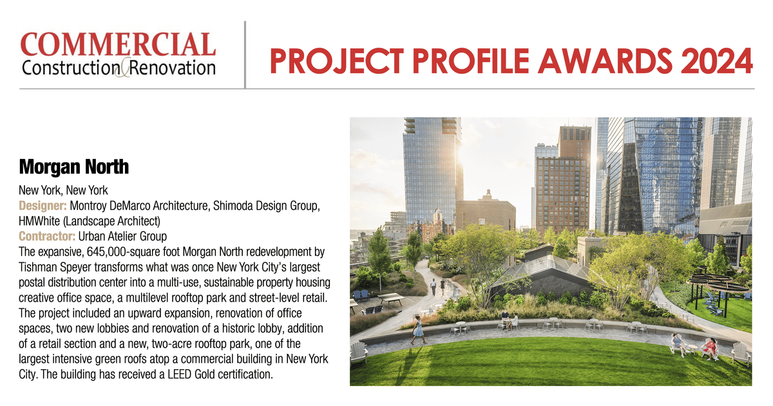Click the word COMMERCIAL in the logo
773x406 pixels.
coord(118,44)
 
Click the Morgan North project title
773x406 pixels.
coord(74,167)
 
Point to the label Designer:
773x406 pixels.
coord(43,205)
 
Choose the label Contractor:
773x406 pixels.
coord(48,235)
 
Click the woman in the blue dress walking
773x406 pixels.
coord(418,328)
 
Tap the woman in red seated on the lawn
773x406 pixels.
coord(709,347)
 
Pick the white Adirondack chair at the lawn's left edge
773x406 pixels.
coord(358,351)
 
